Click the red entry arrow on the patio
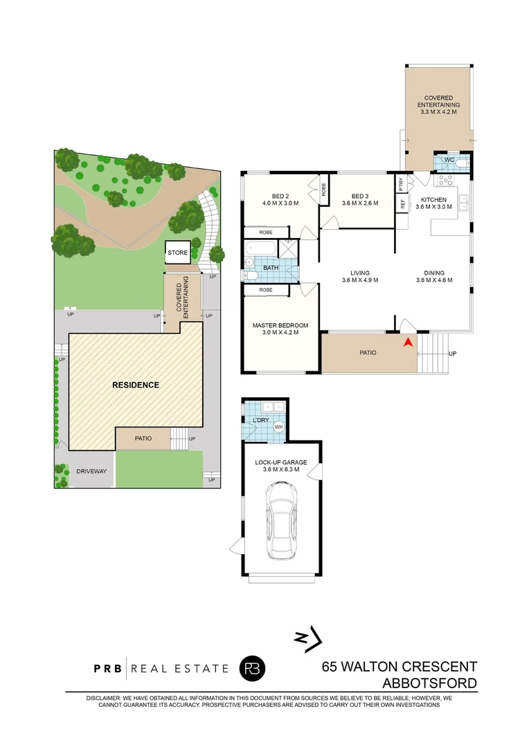[x=409, y=342]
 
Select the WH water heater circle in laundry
[x=279, y=427]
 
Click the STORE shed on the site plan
[x=177, y=253]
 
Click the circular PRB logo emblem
[x=252, y=668]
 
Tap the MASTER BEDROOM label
[x=280, y=325]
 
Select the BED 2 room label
[x=280, y=195]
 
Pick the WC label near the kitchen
[x=449, y=160]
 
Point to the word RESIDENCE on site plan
[x=136, y=385]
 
